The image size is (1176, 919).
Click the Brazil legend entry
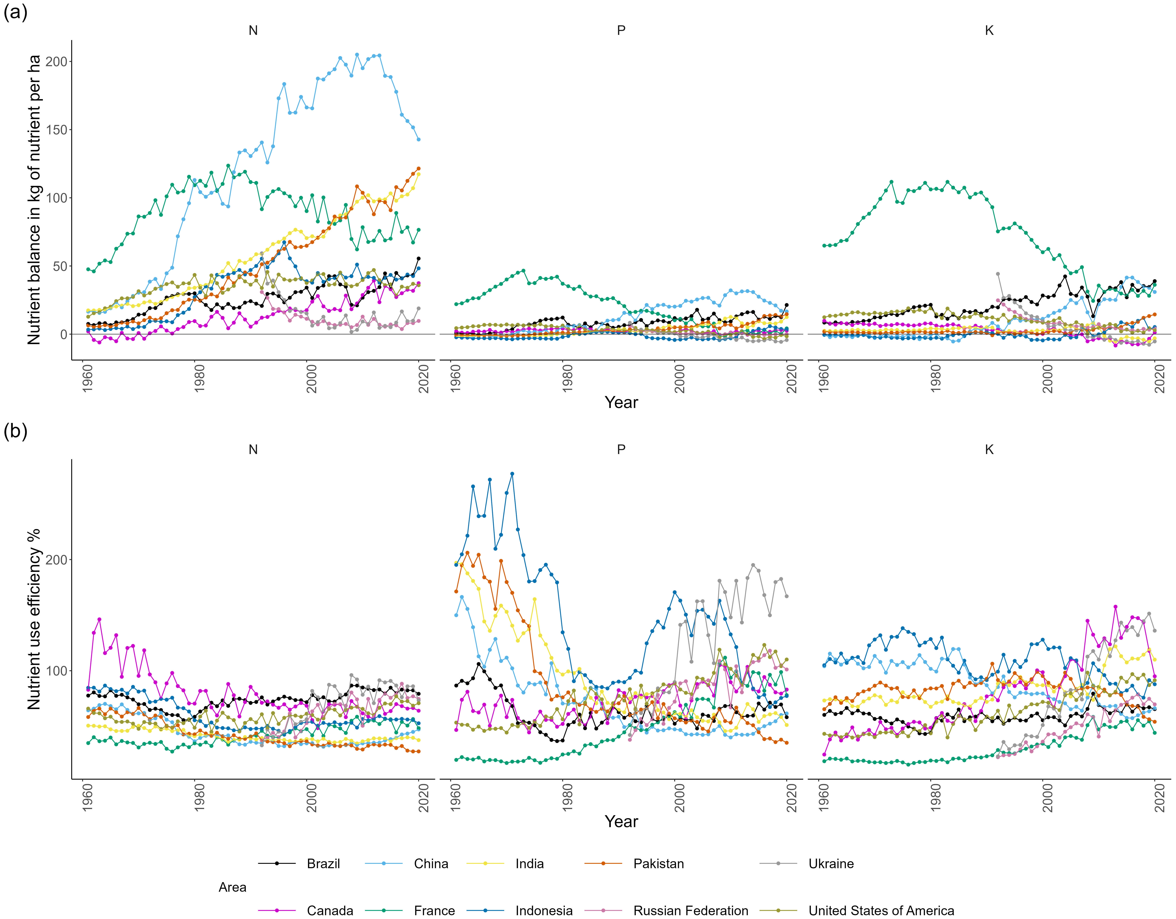tap(323, 864)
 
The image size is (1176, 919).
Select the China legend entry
tap(431, 864)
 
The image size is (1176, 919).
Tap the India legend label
tap(529, 864)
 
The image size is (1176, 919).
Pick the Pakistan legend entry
tap(658, 864)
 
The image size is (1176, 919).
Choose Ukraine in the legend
tap(831, 864)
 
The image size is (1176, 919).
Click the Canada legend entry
tap(330, 910)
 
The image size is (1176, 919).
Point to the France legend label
tap(434, 910)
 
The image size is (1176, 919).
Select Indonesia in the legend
tap(544, 910)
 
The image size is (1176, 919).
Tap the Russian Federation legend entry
tap(690, 910)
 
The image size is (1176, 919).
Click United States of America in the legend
tap(881, 910)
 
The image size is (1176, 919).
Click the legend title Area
tap(232, 887)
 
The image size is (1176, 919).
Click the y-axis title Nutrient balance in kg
tap(34, 199)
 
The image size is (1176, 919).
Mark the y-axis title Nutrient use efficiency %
tap(34, 619)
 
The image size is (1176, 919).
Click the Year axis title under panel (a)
tap(621, 402)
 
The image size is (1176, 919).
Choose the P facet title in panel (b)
tap(621, 450)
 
